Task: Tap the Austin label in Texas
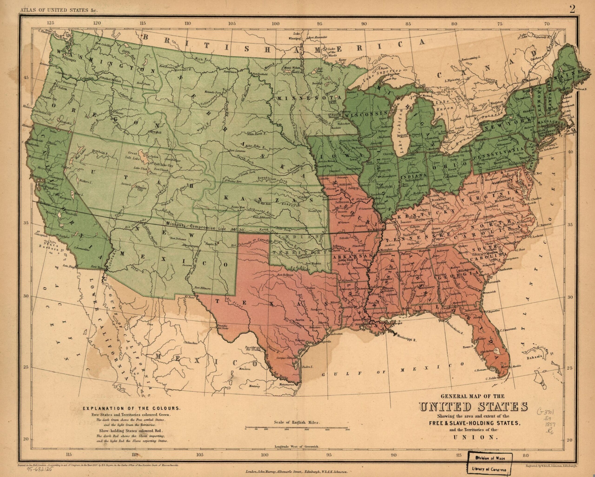299,320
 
